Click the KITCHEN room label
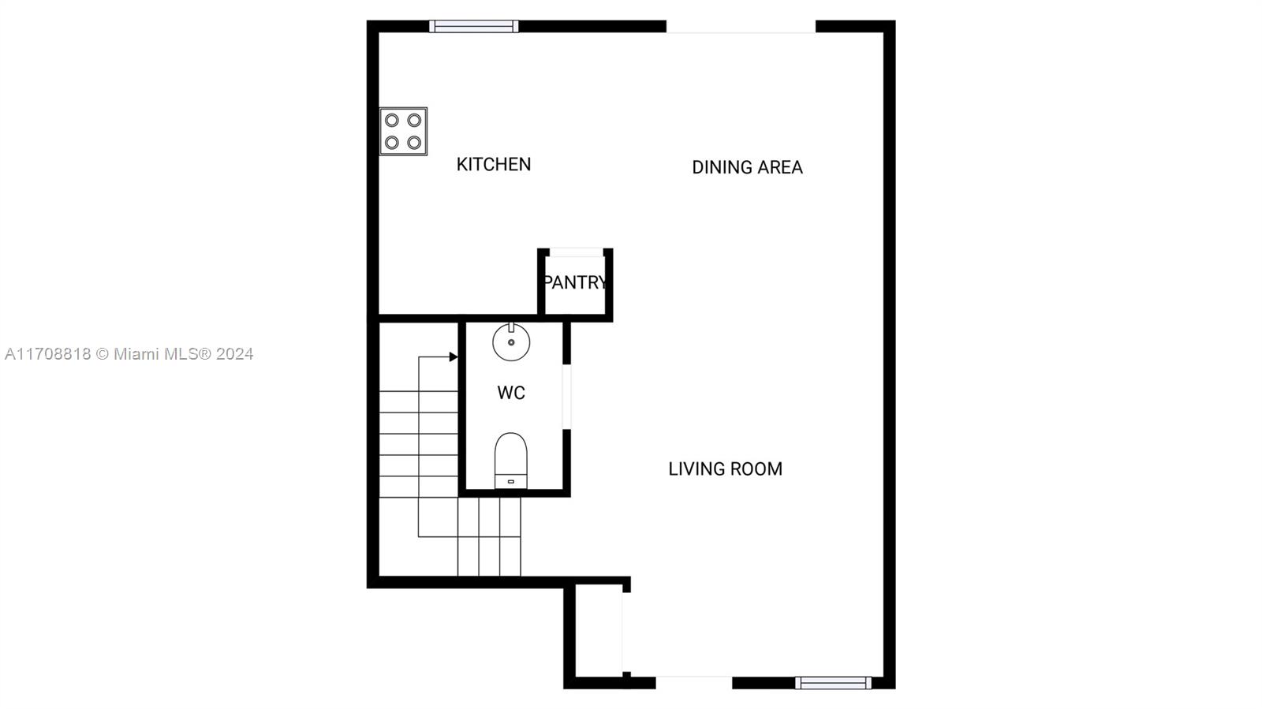click(494, 165)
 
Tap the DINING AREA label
click(747, 167)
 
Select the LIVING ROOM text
click(725, 469)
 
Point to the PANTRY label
click(575, 282)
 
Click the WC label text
click(511, 393)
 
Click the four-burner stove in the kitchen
click(403, 131)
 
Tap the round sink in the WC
click(511, 341)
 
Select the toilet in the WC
click(511, 461)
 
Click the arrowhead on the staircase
click(453, 356)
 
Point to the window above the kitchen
click(474, 26)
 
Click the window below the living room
click(833, 683)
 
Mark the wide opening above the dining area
click(741, 27)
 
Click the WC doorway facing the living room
click(567, 397)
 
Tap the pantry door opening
click(576, 252)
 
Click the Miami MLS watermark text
click(129, 353)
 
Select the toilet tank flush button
click(511, 482)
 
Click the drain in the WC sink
click(511, 342)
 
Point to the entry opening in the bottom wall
click(694, 683)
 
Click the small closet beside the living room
click(599, 631)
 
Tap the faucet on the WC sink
click(511, 327)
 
